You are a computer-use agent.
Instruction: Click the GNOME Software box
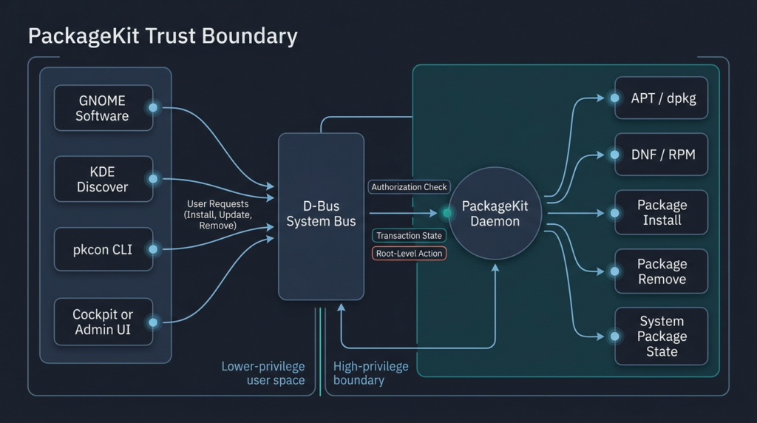point(103,108)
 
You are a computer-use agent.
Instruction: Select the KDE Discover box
point(103,179)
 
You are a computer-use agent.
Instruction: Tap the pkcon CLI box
point(103,249)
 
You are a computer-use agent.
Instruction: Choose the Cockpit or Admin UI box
point(103,322)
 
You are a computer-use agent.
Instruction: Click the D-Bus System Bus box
point(321,215)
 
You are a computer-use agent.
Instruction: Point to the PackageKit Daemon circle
point(495,213)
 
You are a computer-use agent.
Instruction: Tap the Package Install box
point(662,212)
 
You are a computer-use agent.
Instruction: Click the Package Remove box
point(662,271)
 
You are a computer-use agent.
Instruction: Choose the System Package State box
point(662,336)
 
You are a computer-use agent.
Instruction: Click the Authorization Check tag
point(409,187)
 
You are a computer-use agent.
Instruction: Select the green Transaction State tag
point(409,236)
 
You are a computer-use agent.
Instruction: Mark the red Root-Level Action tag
point(409,254)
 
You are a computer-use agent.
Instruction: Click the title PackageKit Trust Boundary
point(163,36)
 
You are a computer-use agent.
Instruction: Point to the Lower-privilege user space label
point(263,373)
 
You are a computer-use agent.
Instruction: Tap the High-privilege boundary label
point(370,373)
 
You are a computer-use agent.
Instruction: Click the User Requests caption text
point(218,214)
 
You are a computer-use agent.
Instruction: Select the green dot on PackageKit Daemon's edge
point(447,213)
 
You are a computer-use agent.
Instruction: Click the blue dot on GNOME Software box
point(153,108)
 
